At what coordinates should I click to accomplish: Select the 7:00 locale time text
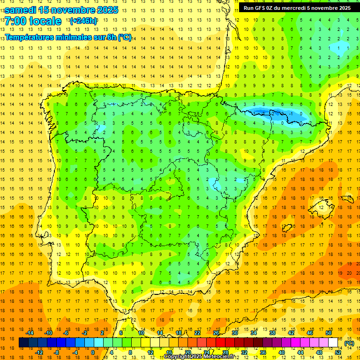point(33,21)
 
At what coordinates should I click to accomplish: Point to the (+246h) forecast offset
point(83,21)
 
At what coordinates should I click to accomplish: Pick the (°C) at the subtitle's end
point(124,37)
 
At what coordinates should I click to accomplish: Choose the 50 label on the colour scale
point(329,332)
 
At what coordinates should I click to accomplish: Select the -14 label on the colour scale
point(29,332)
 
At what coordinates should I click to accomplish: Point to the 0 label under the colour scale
point(92,352)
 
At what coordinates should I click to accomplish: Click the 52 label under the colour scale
point(338,352)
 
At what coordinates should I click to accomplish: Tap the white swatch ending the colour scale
point(333,343)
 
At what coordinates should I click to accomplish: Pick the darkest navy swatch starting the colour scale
point(23,343)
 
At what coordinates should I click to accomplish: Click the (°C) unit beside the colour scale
point(349,343)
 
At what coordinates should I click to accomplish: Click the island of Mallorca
point(323,206)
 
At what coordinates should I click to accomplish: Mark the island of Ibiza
point(287,227)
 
